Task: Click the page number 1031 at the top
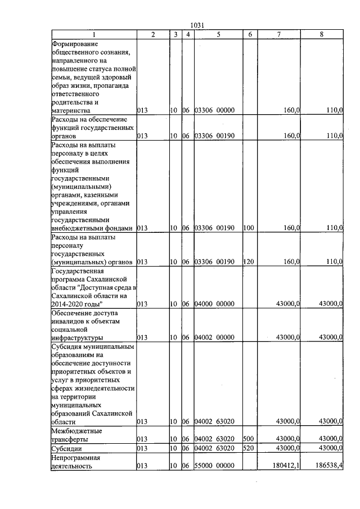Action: (x=198, y=25)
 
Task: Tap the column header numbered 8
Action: (x=321, y=35)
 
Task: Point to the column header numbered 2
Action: (x=153, y=35)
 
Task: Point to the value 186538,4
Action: (x=328, y=465)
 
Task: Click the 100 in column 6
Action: (x=249, y=228)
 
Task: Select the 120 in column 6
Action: (x=249, y=262)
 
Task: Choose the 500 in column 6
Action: (x=249, y=439)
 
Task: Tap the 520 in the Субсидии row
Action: (x=249, y=448)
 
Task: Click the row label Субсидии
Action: (x=67, y=448)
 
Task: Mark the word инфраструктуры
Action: (x=77, y=337)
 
